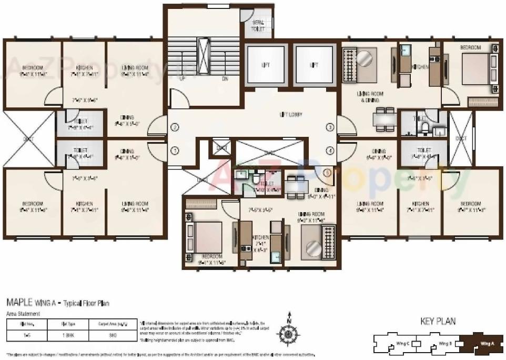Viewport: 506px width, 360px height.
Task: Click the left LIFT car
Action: pos(265,66)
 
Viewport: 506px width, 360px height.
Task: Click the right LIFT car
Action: pos(314,66)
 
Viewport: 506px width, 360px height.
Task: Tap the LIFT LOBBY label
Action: pos(290,114)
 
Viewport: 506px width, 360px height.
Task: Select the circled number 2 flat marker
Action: pos(175,127)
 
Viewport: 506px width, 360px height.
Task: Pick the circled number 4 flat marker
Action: pos(330,150)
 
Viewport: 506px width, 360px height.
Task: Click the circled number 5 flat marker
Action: pos(326,172)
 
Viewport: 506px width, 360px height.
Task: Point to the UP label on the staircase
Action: pos(182,78)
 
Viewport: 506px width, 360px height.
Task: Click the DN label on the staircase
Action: pos(225,78)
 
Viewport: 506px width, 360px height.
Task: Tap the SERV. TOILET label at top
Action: pos(258,26)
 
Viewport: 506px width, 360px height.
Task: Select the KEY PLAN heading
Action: pos(438,321)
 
